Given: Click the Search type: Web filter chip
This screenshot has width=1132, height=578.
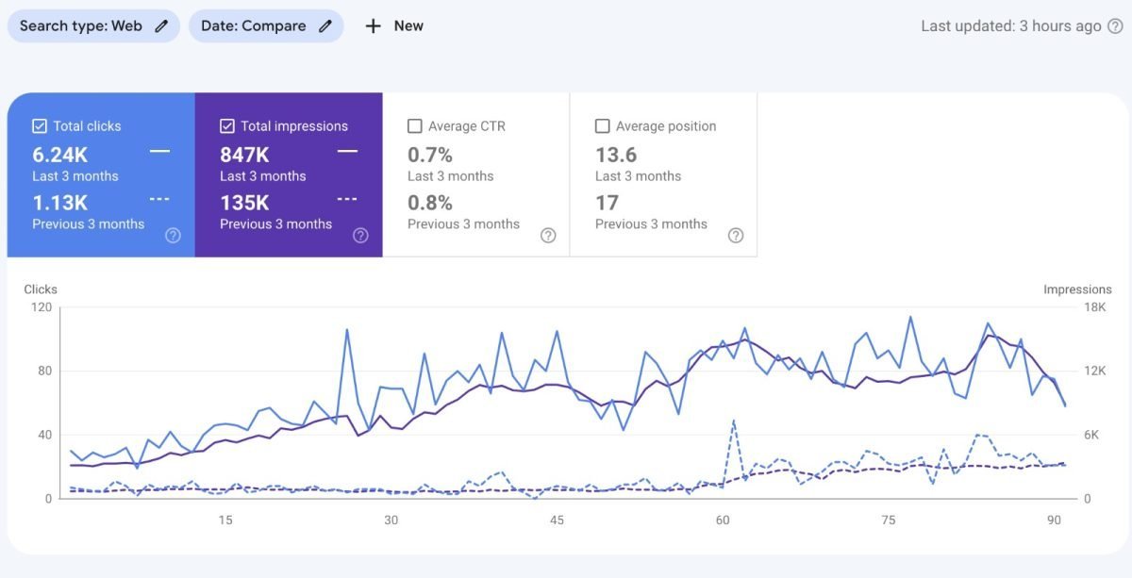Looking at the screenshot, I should tap(92, 25).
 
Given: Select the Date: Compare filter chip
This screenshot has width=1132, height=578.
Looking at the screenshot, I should tap(265, 25).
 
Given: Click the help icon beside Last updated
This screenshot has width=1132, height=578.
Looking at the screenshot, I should tap(1114, 26).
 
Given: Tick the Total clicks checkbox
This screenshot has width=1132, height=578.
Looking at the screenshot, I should tap(40, 125).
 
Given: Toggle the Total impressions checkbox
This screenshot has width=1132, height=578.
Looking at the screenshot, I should tap(226, 125).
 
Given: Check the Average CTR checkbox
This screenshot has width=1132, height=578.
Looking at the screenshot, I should tap(414, 125).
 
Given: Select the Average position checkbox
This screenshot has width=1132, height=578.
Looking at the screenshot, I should tap(602, 125).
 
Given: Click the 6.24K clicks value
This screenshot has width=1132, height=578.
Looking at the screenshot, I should tap(59, 156).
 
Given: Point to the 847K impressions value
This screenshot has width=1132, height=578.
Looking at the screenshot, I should tap(244, 156).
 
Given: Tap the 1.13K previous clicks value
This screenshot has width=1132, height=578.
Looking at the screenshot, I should tap(59, 203).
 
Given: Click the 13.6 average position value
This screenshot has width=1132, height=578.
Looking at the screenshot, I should tap(616, 155).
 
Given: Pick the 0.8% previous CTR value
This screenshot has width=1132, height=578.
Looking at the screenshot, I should tap(430, 203).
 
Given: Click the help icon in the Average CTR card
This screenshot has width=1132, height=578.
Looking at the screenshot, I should tap(548, 236).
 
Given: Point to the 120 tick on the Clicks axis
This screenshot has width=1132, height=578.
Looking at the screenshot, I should tap(41, 307).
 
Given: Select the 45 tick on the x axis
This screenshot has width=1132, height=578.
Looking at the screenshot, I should tap(557, 520).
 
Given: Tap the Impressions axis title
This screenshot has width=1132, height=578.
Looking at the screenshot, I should tap(1077, 289).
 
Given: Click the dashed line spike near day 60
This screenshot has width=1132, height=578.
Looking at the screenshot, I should tap(733, 421).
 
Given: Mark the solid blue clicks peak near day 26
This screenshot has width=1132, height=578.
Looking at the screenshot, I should tap(347, 330).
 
